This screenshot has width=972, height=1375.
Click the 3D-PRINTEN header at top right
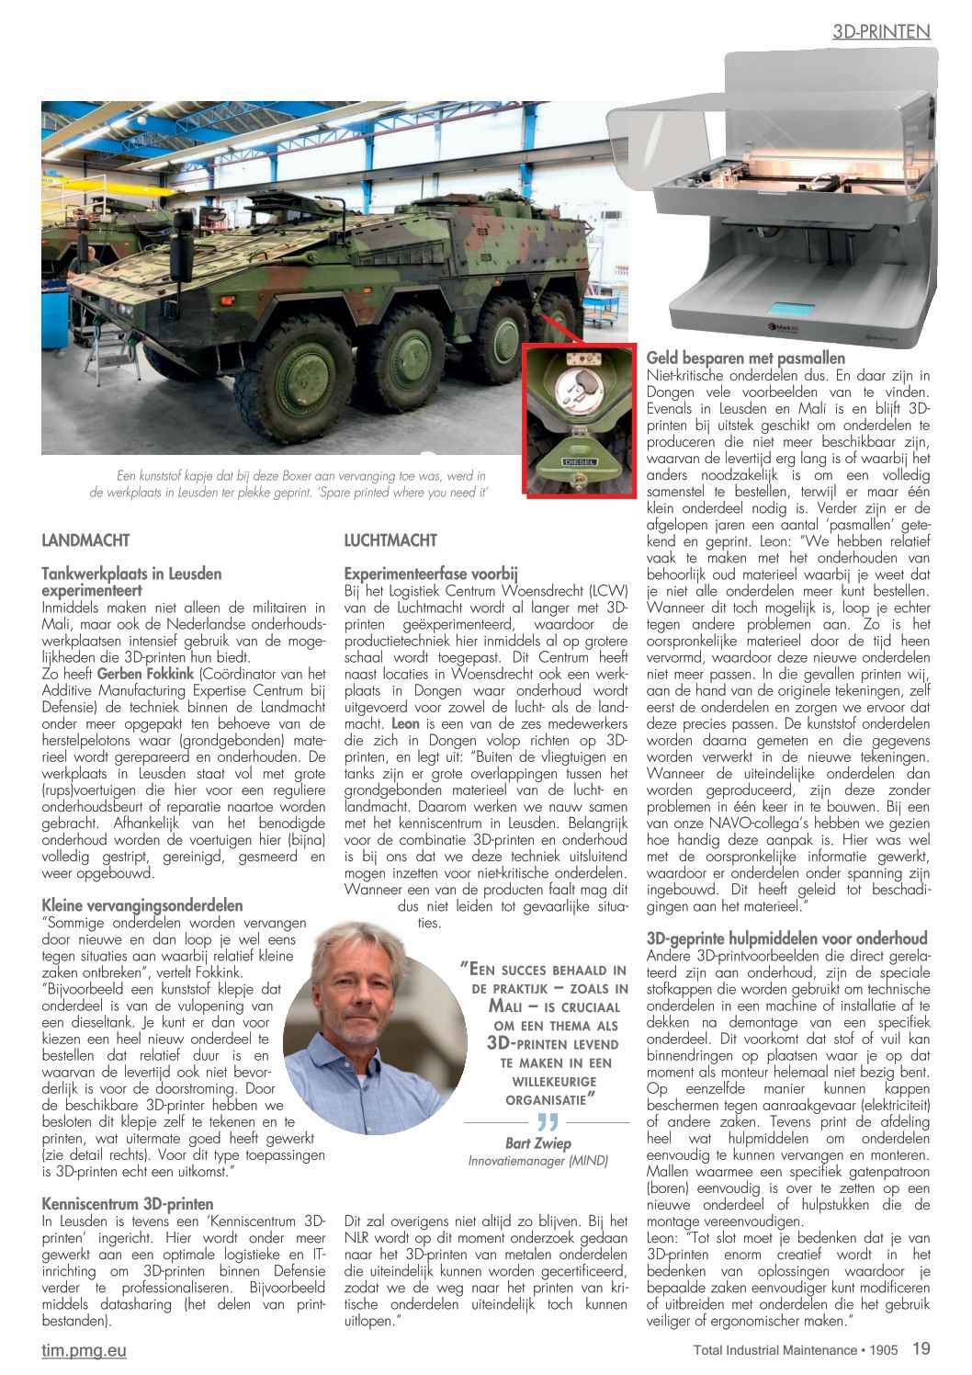881,32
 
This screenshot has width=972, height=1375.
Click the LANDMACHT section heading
85,540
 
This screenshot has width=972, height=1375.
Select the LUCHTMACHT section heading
390,540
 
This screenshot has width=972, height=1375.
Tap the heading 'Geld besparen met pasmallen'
746,358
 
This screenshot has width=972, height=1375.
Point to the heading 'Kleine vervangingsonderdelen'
142,905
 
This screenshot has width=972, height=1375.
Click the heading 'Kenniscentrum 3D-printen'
128,1204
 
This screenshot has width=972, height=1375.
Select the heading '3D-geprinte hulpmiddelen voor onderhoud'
786,938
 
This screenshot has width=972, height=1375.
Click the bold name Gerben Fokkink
145,674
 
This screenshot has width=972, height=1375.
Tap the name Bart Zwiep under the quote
537,1143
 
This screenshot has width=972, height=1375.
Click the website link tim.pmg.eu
84,1350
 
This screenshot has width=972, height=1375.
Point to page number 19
921,1348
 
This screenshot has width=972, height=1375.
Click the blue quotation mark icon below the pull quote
548,1122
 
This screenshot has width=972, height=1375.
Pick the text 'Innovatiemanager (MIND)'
537,1161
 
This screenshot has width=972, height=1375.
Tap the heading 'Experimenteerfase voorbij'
431,574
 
